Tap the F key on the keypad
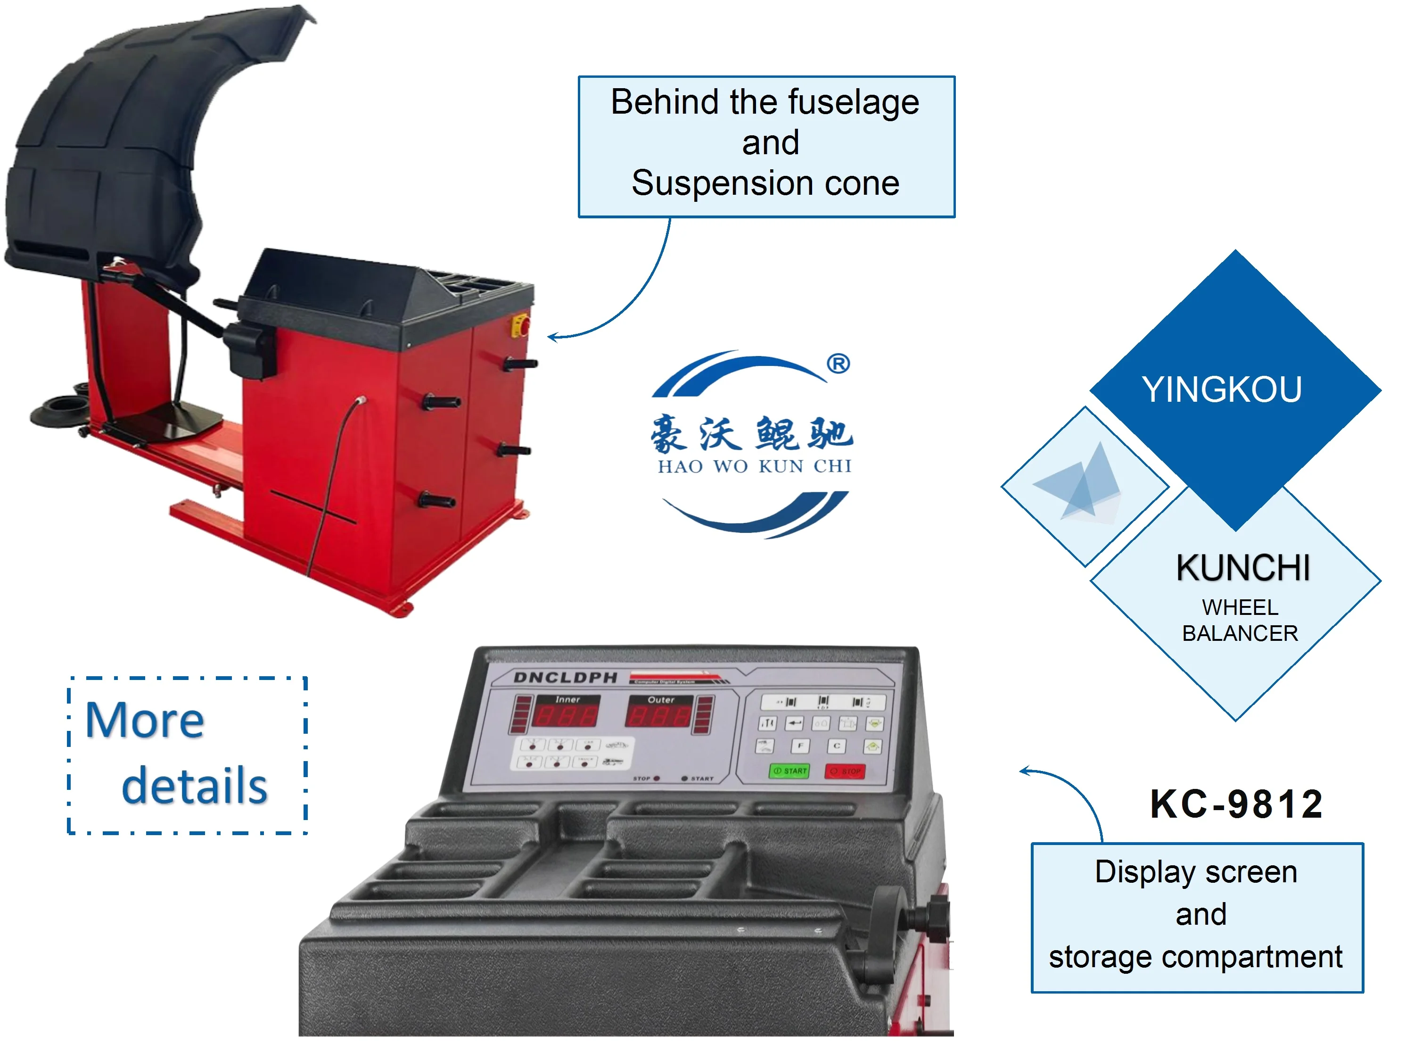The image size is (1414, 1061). click(x=800, y=746)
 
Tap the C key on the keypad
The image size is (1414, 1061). click(x=837, y=746)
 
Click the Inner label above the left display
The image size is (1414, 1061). click(x=567, y=700)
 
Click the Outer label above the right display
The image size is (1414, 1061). click(x=661, y=700)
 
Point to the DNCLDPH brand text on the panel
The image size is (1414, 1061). click(x=566, y=677)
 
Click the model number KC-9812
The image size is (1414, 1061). click(x=1236, y=804)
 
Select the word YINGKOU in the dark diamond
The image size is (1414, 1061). click(x=1222, y=390)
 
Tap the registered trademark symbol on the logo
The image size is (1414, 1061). click(x=838, y=364)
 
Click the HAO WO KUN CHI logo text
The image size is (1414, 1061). click(x=754, y=466)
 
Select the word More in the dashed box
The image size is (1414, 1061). click(x=145, y=721)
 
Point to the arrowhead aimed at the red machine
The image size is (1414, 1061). click(x=551, y=337)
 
